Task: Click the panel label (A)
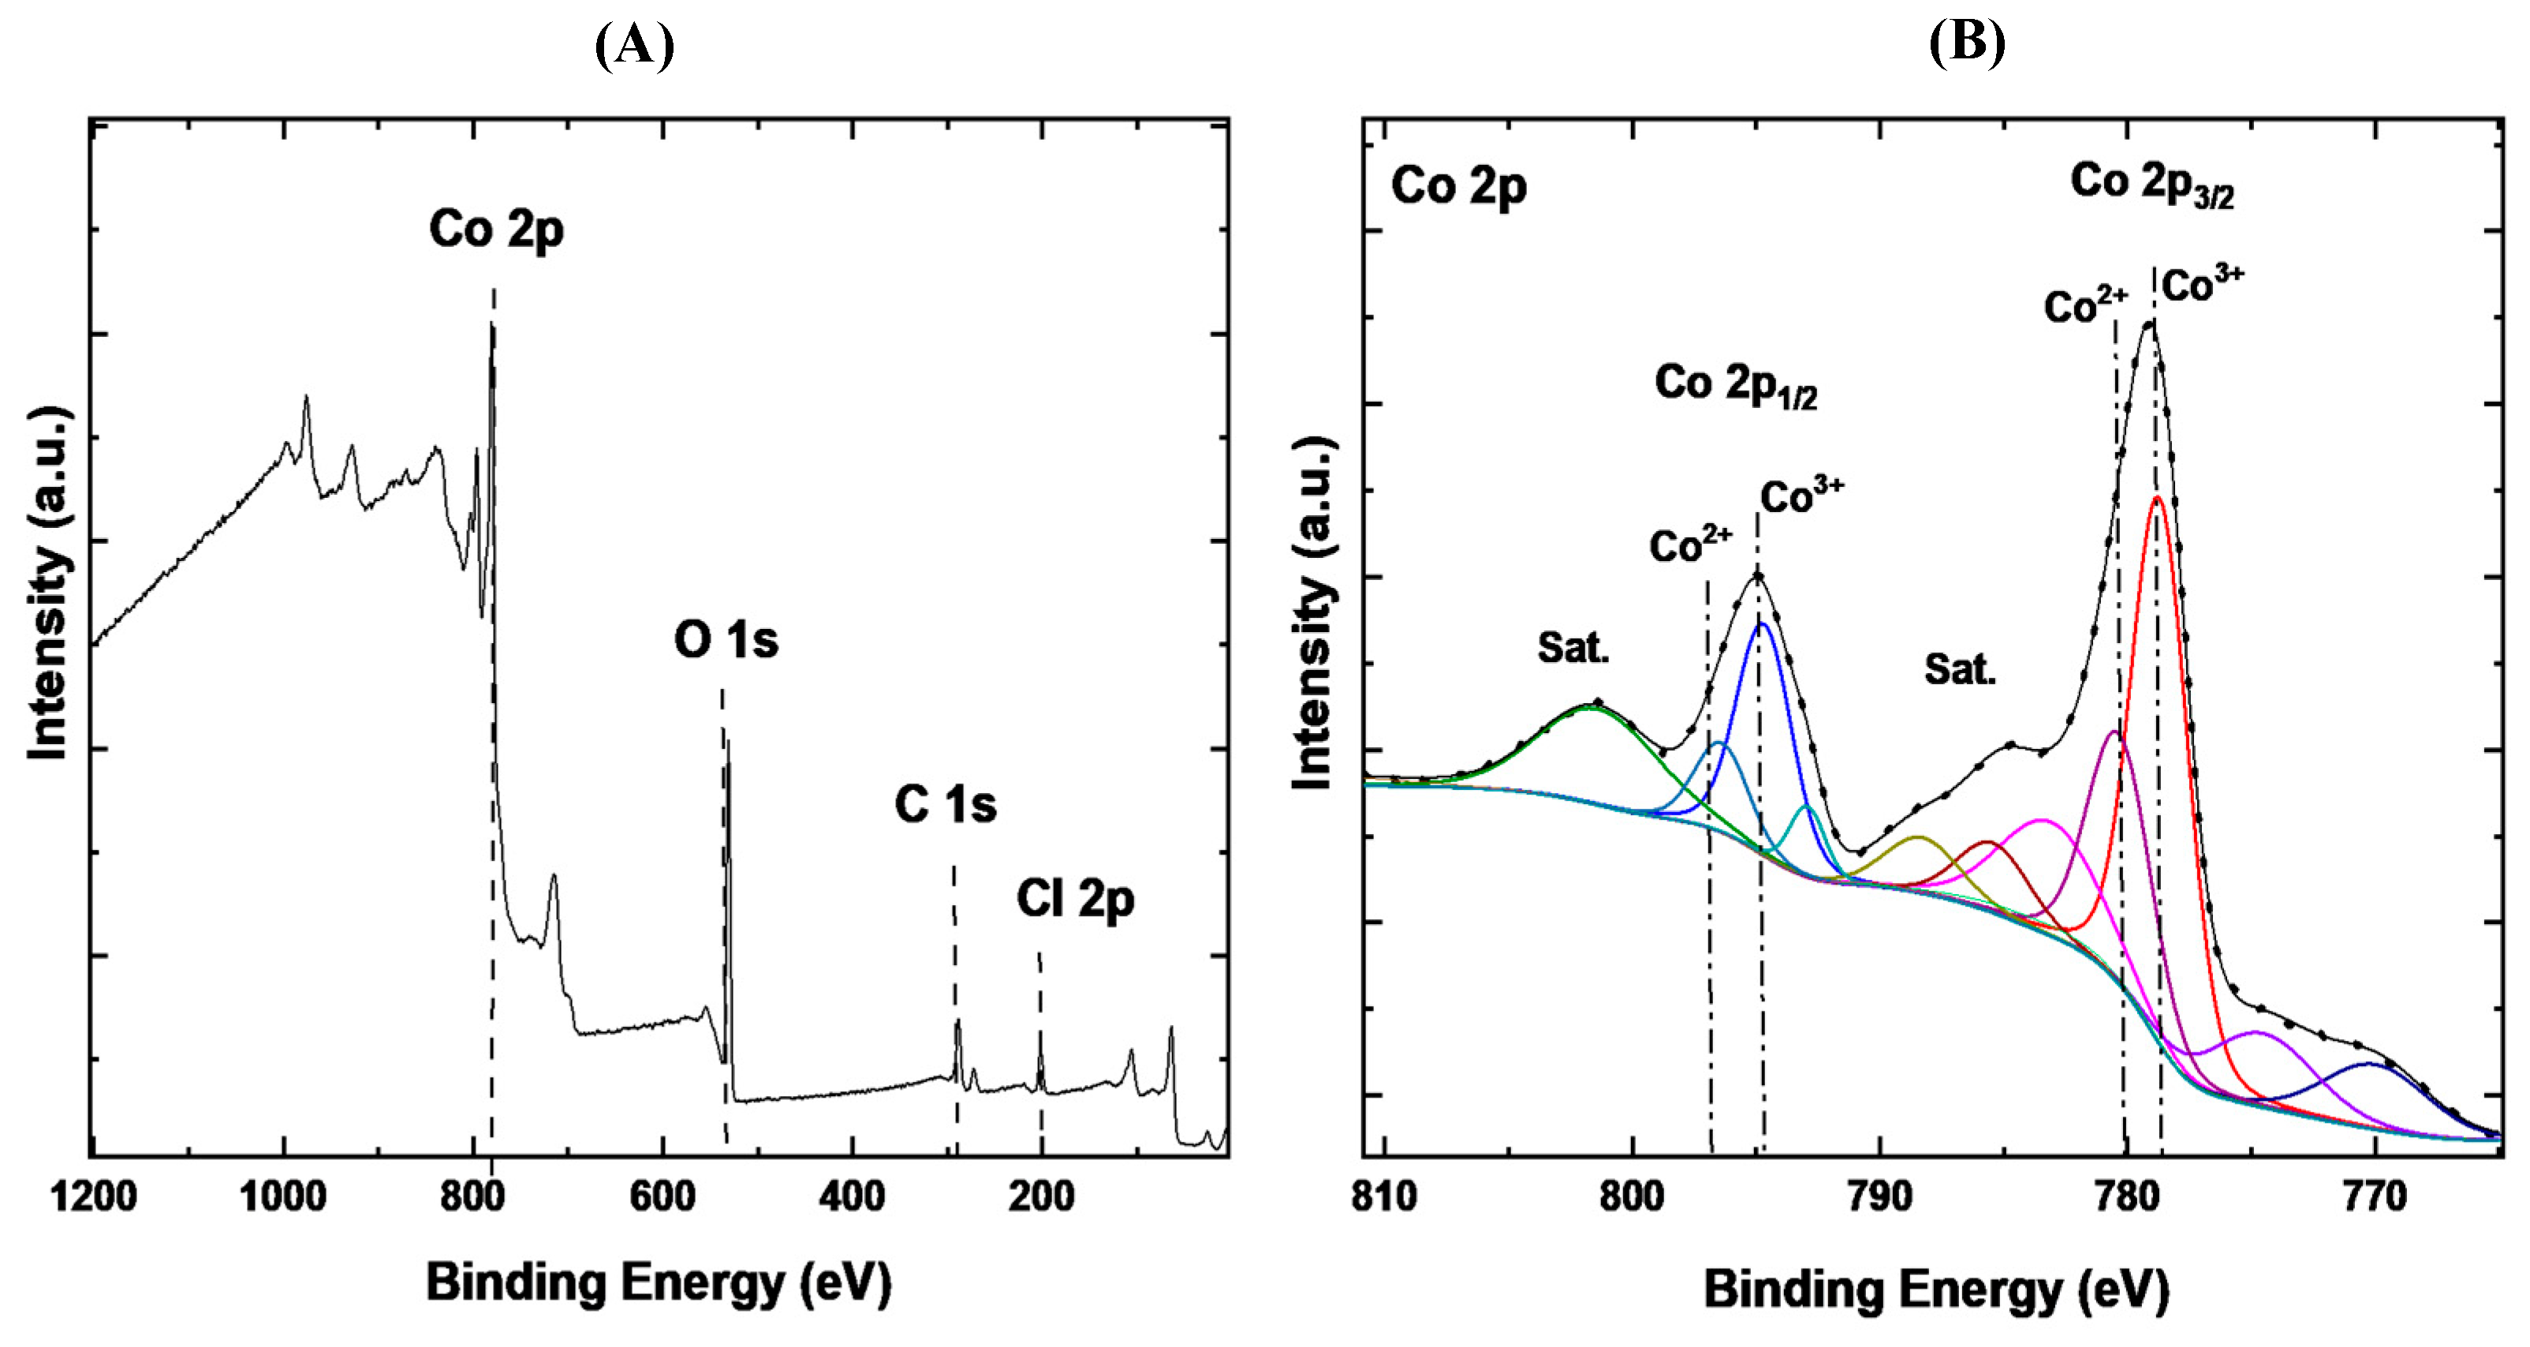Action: click(634, 44)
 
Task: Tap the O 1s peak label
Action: click(726, 641)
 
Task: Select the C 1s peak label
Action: click(945, 805)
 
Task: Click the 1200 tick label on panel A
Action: click(93, 1197)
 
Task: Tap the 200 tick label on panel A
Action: click(1041, 1197)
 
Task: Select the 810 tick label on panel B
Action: click(1385, 1197)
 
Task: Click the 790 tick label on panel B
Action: click(1880, 1197)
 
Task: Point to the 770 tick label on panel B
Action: click(2375, 1197)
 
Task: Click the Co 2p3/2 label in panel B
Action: click(2151, 185)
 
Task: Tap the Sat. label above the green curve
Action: click(1573, 649)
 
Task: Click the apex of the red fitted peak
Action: click(2158, 498)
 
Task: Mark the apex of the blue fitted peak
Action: click(1762, 624)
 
